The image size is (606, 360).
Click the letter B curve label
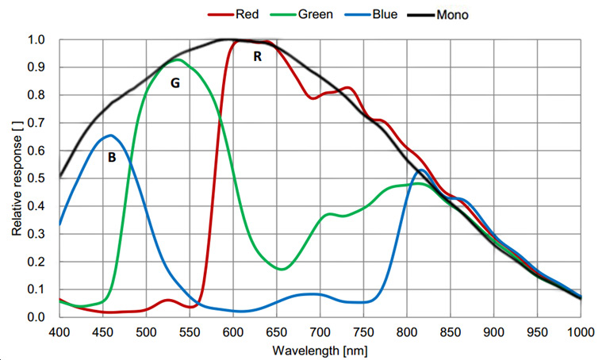pyautogui.click(x=112, y=158)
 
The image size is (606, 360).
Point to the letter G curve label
pyautogui.click(x=176, y=82)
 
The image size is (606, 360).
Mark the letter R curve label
pyautogui.click(x=257, y=56)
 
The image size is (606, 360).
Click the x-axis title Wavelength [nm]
pyautogui.click(x=320, y=349)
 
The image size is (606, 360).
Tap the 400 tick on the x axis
pyautogui.click(x=60, y=330)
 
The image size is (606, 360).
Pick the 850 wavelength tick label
pyautogui.click(x=451, y=330)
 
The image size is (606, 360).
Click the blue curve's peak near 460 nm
pyautogui.click(x=111, y=136)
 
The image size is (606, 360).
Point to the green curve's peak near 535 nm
pyautogui.click(x=178, y=60)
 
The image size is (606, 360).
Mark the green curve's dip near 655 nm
pyautogui.click(x=282, y=269)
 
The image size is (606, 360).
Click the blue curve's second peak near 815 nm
pyautogui.click(x=421, y=170)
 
